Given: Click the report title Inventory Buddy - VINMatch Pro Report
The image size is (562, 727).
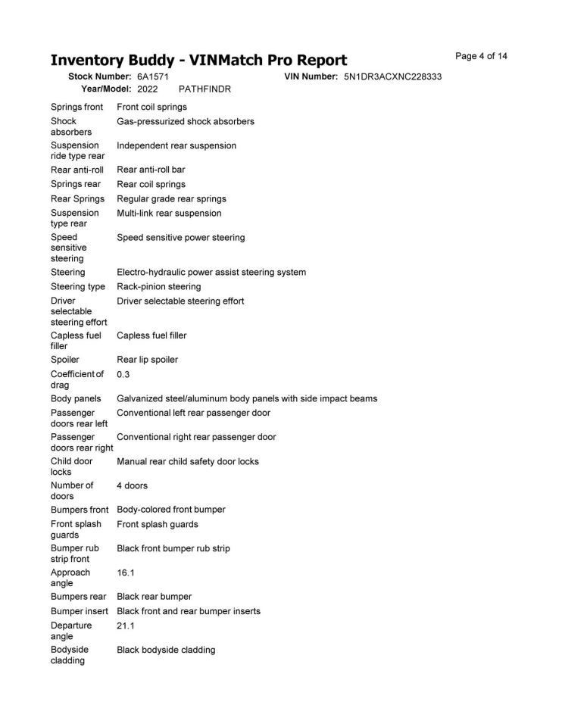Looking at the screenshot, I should (198, 60).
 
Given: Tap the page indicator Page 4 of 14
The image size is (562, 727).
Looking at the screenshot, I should (481, 56).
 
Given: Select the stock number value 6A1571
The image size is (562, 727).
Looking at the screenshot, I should (153, 77).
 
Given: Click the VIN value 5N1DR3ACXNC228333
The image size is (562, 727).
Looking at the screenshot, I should (392, 77).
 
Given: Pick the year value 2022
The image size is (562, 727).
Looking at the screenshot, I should (148, 89).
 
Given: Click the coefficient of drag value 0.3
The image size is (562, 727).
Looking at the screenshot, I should (123, 374).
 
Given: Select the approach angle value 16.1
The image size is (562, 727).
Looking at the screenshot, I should (125, 573).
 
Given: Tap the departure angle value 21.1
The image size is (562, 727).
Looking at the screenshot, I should (125, 626).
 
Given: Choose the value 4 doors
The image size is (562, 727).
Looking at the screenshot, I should (132, 485).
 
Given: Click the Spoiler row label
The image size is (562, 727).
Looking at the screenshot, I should (64, 360).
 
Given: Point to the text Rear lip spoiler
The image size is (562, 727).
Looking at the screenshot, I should (147, 360).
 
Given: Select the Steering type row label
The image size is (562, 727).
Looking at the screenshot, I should (78, 287).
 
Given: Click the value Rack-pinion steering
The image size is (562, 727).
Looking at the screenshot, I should (159, 287).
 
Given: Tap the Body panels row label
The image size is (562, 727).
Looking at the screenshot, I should (76, 398).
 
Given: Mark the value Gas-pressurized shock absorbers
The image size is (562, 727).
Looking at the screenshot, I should (186, 121).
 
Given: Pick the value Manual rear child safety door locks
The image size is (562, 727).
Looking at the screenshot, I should (188, 461).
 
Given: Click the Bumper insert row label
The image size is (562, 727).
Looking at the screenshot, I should (80, 611).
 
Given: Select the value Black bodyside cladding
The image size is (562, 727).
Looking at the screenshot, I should (166, 650).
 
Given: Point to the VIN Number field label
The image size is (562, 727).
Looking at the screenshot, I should (311, 77).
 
